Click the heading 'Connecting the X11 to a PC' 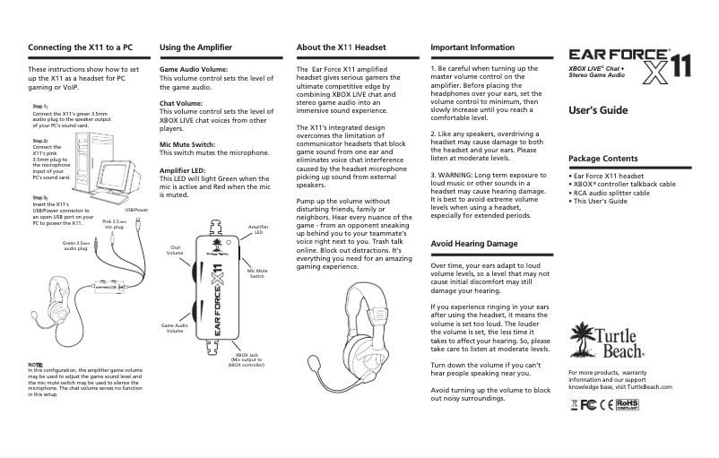pyautogui.click(x=81, y=46)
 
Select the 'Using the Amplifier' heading pyautogui.click(x=197, y=46)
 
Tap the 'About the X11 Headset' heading pyautogui.click(x=340, y=46)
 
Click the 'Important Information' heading pyautogui.click(x=472, y=46)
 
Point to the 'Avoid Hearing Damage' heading pyautogui.click(x=474, y=243)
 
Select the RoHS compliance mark pyautogui.click(x=633, y=404)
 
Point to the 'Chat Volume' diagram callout pyautogui.click(x=176, y=251)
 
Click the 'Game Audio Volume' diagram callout pyautogui.click(x=175, y=327)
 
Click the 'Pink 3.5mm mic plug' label pyautogui.click(x=114, y=224)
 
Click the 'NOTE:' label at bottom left pyautogui.click(x=36, y=364)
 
